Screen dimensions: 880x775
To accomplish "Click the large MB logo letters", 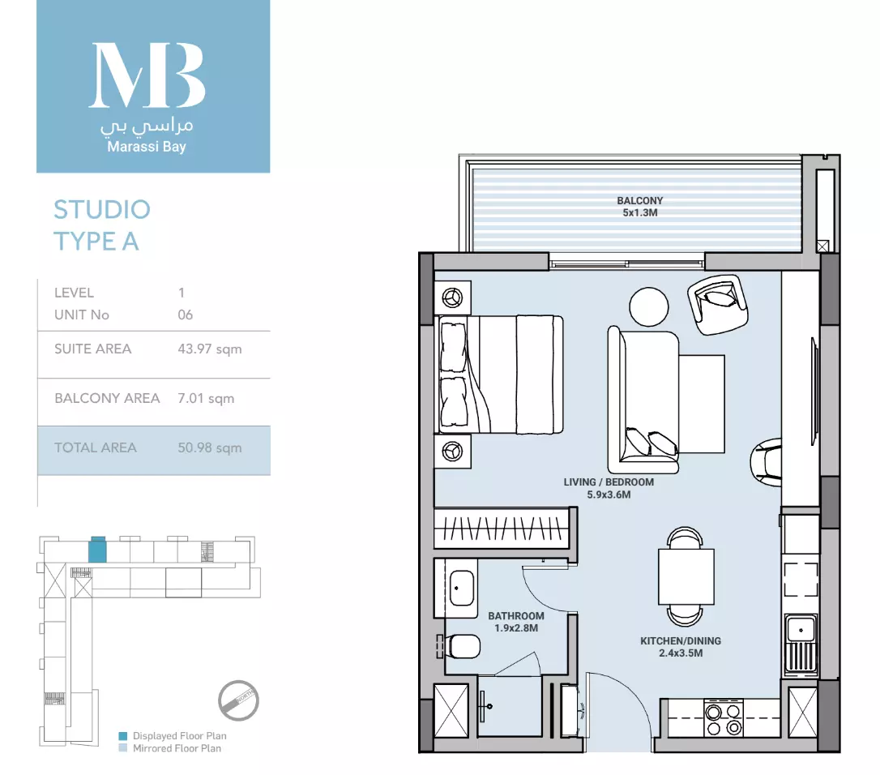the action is [147, 75].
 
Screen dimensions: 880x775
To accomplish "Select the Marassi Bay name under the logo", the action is [147, 147].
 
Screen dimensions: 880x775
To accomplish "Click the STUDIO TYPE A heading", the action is [102, 225].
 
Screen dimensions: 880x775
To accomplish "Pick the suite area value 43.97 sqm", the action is [210, 349].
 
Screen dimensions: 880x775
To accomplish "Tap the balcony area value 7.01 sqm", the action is [206, 398].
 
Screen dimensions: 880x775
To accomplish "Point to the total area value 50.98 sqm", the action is [210, 447].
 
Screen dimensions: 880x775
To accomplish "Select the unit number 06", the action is [186, 315].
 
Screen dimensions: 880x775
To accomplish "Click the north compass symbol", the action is [238, 700].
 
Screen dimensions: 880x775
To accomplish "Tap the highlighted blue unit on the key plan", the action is [98, 550].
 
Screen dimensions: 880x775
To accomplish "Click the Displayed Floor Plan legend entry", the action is [173, 736].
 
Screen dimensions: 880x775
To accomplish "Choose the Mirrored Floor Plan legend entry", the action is [170, 748].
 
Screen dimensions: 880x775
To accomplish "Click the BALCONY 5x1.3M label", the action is [640, 207].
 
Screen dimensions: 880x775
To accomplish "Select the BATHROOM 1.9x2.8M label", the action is [516, 622].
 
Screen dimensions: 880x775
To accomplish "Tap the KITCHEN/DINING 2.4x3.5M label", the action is [681, 647].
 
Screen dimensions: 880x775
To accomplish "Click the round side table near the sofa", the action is [649, 306].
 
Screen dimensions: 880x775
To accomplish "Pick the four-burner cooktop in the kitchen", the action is [724, 717].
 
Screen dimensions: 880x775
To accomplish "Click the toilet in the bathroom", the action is [460, 646].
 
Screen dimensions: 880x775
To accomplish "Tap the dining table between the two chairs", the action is [686, 576].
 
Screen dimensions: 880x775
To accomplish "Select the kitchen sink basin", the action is [801, 629].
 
